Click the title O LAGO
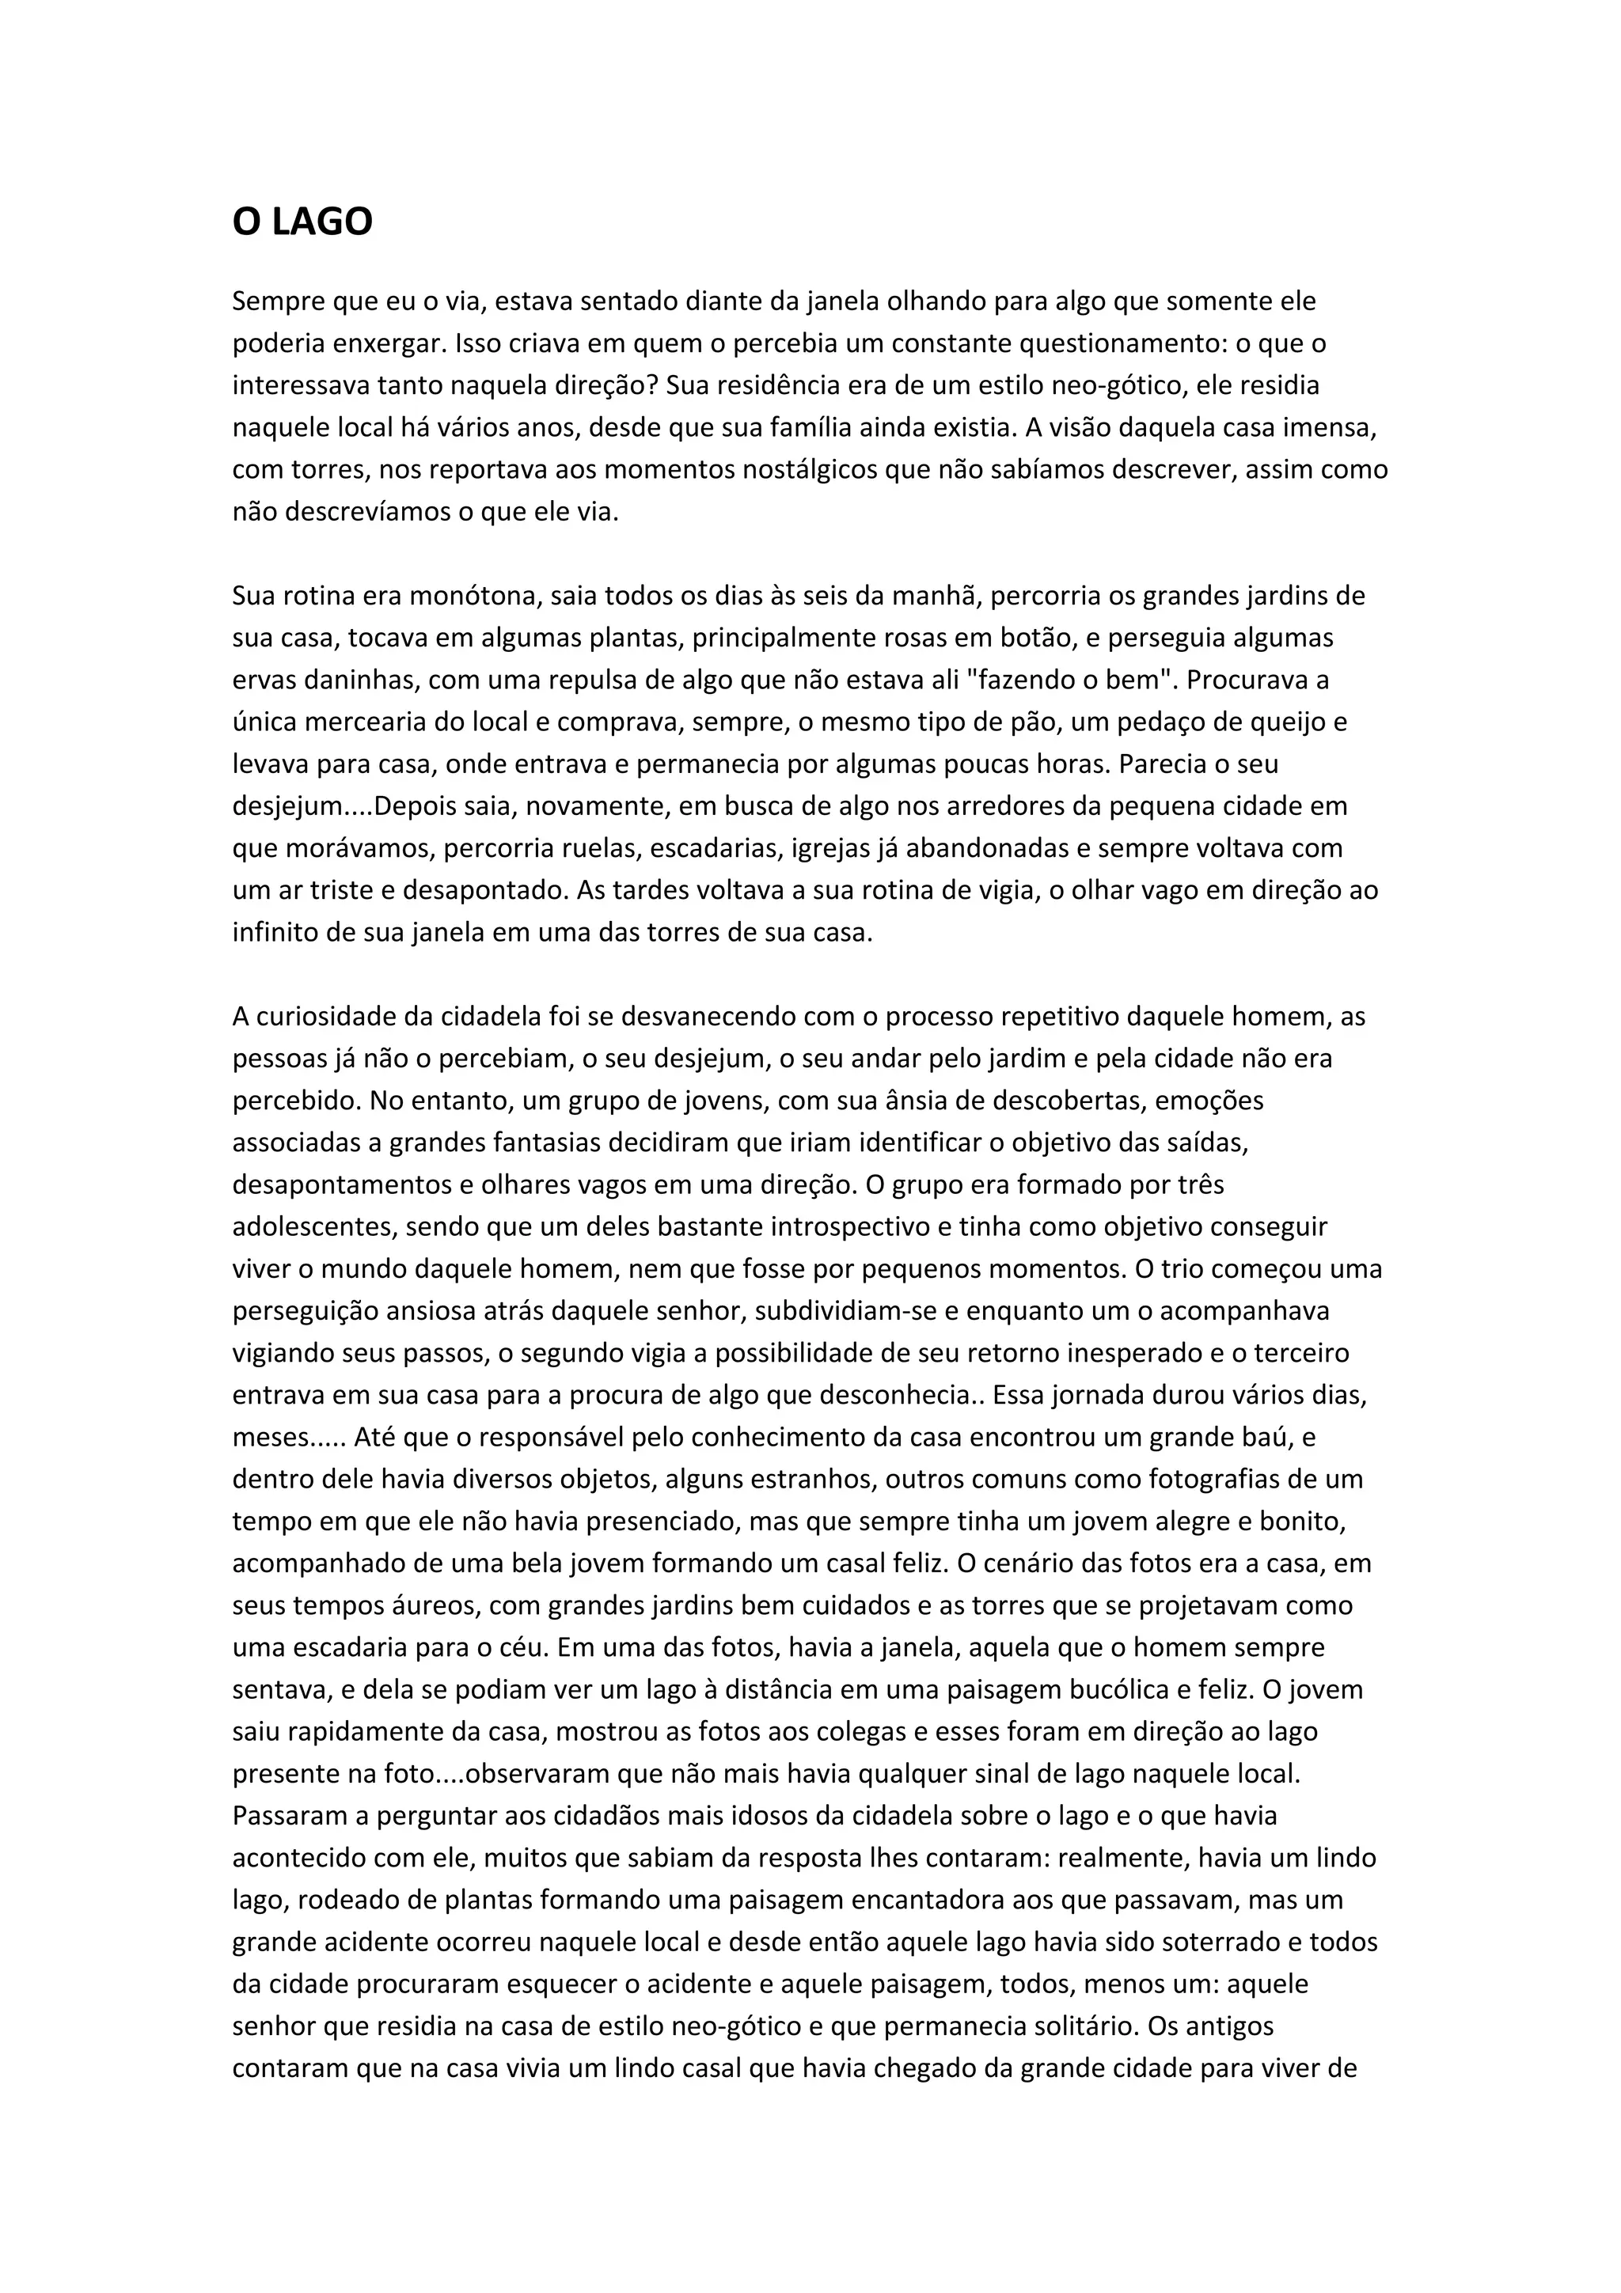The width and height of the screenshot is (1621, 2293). pos(302,222)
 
